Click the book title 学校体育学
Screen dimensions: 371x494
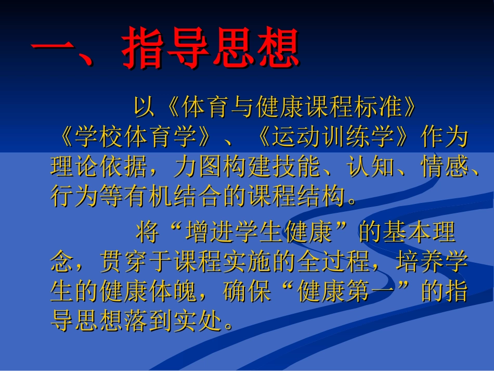click(136, 137)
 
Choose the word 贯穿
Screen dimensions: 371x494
click(124, 263)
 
